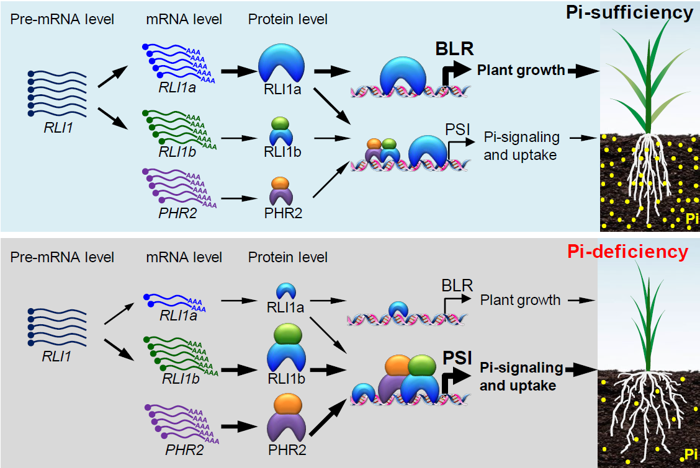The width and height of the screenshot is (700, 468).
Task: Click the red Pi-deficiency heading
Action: click(x=627, y=252)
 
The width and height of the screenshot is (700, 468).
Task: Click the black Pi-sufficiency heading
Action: click(x=629, y=12)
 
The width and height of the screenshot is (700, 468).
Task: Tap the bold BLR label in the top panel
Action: click(x=454, y=48)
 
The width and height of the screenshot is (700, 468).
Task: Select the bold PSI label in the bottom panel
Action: click(x=457, y=358)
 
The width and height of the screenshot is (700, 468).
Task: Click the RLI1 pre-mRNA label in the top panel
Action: click(x=58, y=128)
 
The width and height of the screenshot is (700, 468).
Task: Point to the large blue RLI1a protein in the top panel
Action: click(x=281, y=63)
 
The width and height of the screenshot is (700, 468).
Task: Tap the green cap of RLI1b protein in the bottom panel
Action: click(x=288, y=334)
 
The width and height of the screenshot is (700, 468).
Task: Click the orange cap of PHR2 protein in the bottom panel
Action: click(x=288, y=404)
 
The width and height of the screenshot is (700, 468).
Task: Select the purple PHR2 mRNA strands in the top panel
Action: click(x=179, y=188)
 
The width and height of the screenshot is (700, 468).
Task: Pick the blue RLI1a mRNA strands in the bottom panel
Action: click(x=174, y=302)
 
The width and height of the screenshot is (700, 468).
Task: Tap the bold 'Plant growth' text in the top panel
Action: click(x=521, y=71)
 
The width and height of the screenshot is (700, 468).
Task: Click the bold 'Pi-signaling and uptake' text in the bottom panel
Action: click(x=521, y=377)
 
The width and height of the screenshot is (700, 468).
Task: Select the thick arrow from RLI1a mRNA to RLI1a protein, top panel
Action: click(x=239, y=71)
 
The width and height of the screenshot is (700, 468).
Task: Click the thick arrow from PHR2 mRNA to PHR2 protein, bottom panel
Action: click(x=240, y=426)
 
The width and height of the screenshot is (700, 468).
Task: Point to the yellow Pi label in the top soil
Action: click(x=692, y=218)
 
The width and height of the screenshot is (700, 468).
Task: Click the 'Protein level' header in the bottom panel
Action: click(x=288, y=257)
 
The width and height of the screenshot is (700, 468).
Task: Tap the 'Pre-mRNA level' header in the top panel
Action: click(x=62, y=19)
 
